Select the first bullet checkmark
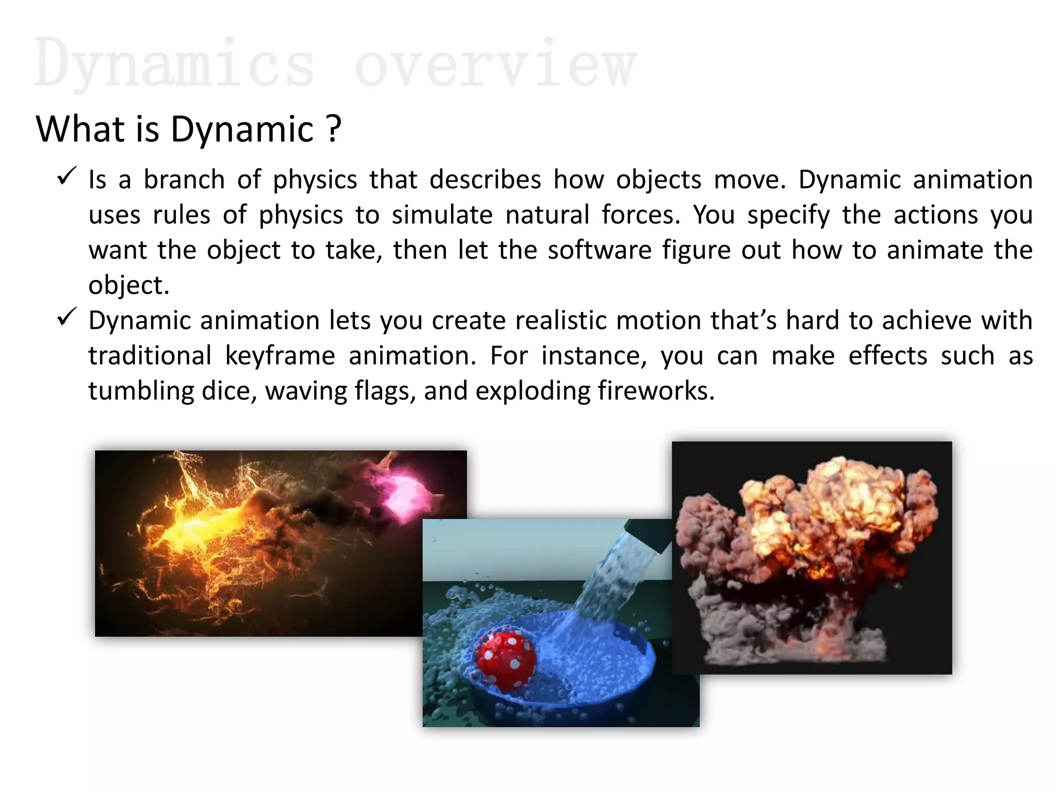(67, 176)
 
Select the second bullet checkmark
(67, 317)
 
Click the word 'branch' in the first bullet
(184, 180)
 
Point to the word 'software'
(599, 250)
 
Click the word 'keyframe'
(280, 356)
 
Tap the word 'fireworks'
(652, 391)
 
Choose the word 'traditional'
(150, 356)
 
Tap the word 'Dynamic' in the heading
(242, 129)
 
